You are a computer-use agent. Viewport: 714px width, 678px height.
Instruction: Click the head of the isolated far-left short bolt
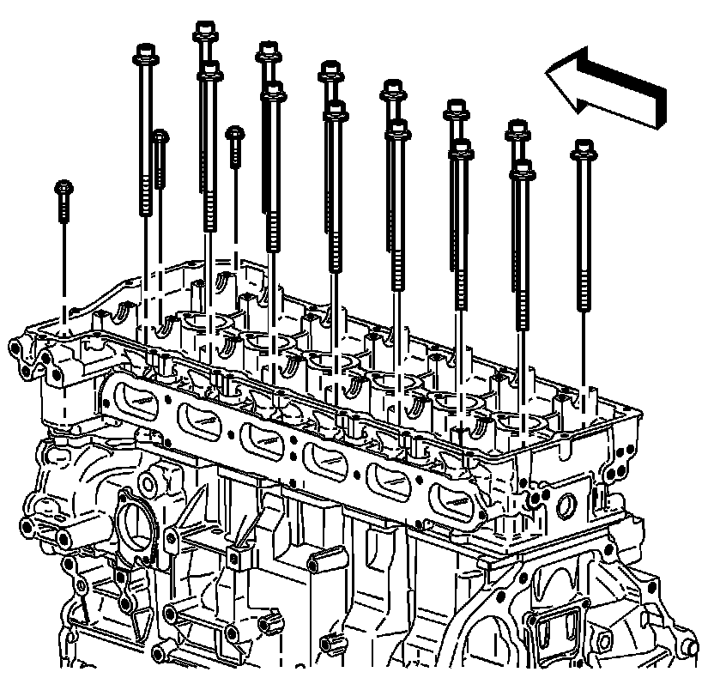pos(63,187)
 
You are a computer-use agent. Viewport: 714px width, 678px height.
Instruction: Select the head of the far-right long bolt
pos(583,150)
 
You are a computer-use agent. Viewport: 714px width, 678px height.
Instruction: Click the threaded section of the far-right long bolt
pos(584,288)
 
